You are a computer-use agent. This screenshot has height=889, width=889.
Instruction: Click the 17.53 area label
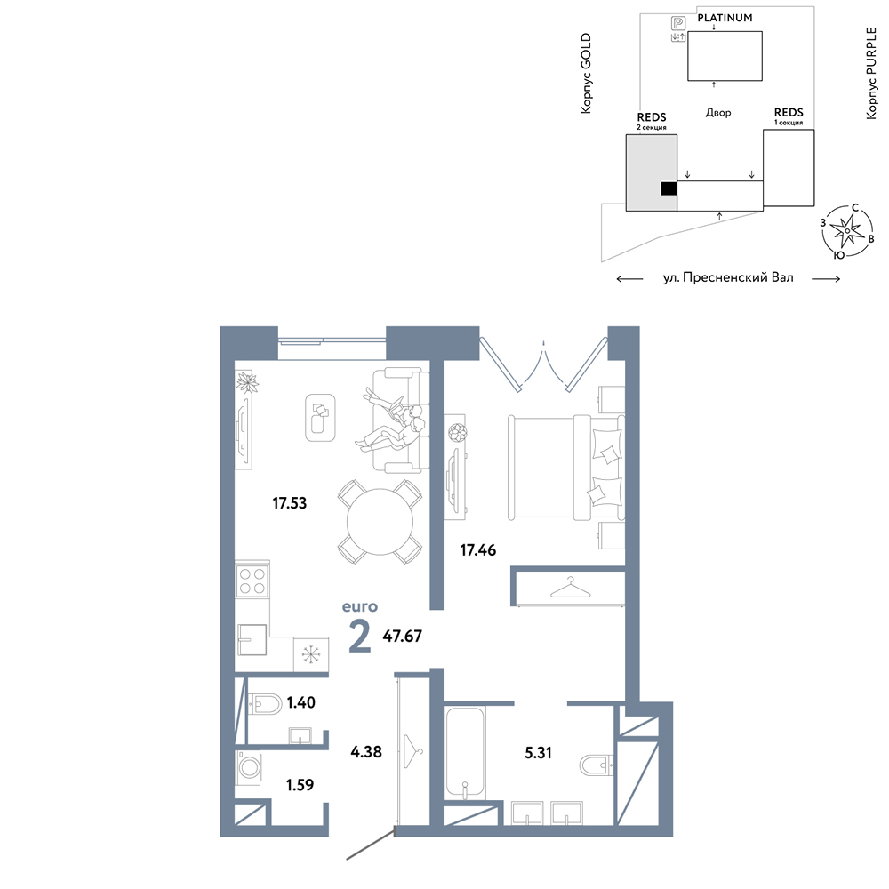(x=289, y=503)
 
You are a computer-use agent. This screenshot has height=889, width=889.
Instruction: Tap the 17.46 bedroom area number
(x=478, y=550)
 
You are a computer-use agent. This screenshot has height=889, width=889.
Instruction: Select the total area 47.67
(x=402, y=637)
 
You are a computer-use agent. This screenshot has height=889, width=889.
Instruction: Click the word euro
(x=359, y=607)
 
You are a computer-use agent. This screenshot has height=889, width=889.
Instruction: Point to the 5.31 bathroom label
(x=538, y=753)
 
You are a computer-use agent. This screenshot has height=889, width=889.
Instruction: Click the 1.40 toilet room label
(x=300, y=702)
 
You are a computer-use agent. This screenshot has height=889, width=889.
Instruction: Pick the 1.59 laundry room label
(x=300, y=785)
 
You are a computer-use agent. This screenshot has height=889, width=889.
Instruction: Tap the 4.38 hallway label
(x=365, y=752)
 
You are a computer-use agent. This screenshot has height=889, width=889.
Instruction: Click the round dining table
(x=380, y=522)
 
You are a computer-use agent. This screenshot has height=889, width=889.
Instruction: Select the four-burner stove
(x=252, y=581)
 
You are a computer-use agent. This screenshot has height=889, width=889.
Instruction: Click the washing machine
(x=248, y=768)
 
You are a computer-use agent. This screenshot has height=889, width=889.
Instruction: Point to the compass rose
(x=847, y=230)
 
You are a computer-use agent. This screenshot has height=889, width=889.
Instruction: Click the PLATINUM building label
(x=725, y=18)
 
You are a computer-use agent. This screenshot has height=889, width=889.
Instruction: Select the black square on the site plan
(x=669, y=188)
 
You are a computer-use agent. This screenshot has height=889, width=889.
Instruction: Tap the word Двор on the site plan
(x=717, y=113)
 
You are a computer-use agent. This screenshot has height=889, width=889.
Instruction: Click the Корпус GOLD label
(x=586, y=73)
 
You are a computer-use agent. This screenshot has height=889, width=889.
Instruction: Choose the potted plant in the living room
(x=247, y=382)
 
